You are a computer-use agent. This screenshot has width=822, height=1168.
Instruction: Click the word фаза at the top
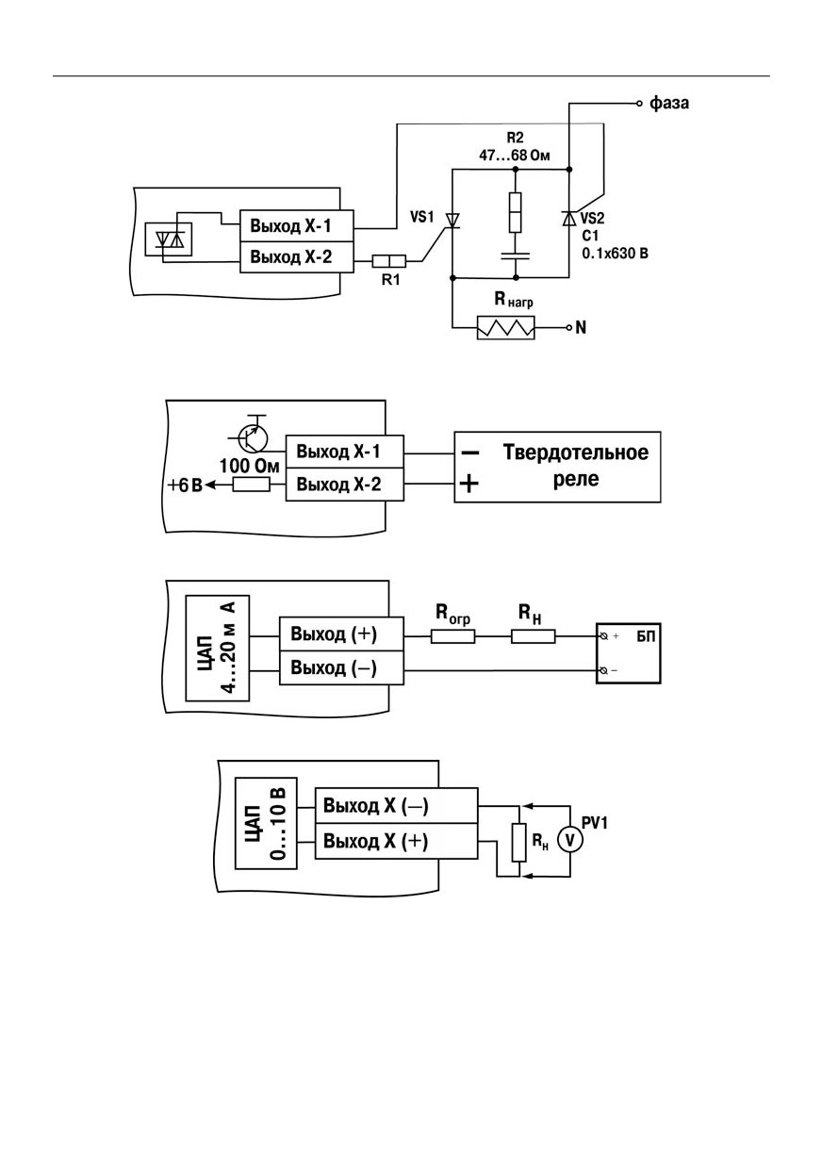click(x=668, y=104)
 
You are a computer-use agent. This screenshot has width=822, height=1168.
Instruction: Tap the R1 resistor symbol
click(x=388, y=261)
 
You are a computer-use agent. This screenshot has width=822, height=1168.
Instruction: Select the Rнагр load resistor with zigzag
click(x=505, y=327)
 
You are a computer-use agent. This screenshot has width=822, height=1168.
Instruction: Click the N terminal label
click(x=581, y=327)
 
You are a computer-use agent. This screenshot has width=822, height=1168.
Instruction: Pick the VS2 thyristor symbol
click(x=569, y=218)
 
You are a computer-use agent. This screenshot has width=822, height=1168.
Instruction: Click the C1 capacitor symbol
click(x=515, y=255)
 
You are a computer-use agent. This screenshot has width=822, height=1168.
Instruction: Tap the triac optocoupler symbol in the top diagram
click(x=168, y=239)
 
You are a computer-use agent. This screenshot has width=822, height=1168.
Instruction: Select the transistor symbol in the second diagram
click(x=253, y=437)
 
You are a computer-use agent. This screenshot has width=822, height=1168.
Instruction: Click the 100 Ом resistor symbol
click(x=252, y=485)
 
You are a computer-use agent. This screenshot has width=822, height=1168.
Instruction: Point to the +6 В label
click(x=185, y=485)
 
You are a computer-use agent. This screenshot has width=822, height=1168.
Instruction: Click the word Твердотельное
click(x=576, y=452)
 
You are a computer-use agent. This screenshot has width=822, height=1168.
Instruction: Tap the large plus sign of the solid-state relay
click(x=469, y=484)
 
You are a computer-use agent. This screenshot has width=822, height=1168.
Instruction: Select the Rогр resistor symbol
click(x=452, y=636)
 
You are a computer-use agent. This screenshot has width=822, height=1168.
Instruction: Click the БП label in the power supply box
click(x=646, y=636)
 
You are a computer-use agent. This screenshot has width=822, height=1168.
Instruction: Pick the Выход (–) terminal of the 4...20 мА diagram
click(x=341, y=668)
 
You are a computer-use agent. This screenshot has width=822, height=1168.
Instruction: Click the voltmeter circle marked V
click(x=569, y=840)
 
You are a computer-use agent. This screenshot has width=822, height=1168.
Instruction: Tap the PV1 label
click(x=595, y=823)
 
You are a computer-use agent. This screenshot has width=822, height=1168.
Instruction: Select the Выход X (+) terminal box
click(x=397, y=841)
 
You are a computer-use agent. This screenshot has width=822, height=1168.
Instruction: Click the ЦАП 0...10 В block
click(x=266, y=823)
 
